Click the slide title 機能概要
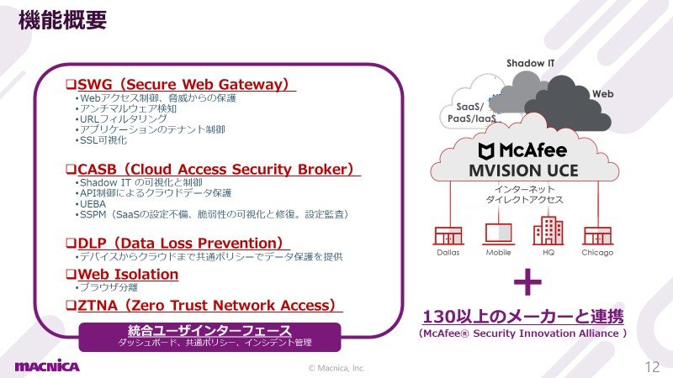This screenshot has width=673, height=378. click(x=62, y=20)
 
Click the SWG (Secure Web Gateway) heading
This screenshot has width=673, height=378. click(x=183, y=85)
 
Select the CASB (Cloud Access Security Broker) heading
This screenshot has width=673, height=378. click(x=215, y=170)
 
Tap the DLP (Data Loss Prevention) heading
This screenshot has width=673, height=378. click(x=180, y=244)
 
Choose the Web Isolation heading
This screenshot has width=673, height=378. click(x=128, y=275)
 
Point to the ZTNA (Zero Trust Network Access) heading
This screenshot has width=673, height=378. click(x=206, y=306)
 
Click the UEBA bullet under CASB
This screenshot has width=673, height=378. click(x=93, y=203)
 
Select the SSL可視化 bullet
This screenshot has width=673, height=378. click(x=103, y=140)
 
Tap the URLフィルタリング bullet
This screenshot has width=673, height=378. click(x=123, y=118)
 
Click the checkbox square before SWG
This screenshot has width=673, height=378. click(x=71, y=84)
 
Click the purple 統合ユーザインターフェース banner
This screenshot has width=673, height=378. click(x=209, y=337)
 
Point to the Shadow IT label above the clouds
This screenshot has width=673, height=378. click(x=531, y=64)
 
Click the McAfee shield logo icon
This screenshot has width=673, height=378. click(x=487, y=151)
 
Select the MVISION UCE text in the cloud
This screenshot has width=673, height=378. click(x=523, y=171)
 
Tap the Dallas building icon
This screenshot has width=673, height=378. click(x=448, y=236)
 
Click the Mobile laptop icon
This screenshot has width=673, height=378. click(x=498, y=234)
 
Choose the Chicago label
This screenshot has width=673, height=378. click(x=597, y=253)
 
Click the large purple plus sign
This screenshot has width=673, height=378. click(x=527, y=282)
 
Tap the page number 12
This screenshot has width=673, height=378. click(x=652, y=366)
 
